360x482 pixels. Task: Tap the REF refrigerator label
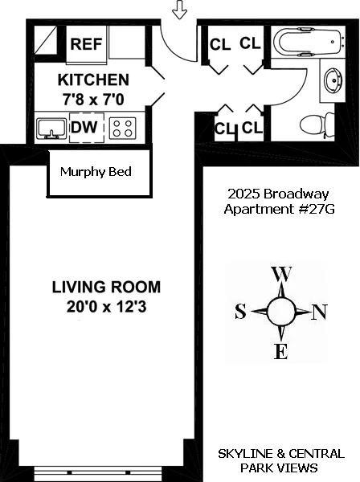[86, 43]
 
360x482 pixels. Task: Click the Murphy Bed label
[96, 172]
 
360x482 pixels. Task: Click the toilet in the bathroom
[315, 125]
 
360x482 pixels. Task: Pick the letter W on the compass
[282, 274]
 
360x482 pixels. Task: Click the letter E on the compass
[281, 351]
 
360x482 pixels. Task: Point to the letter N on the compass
[319, 312]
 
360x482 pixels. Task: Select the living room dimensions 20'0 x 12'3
[106, 305]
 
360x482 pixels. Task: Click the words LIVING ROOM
[106, 287]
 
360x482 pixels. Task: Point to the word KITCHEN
[93, 80]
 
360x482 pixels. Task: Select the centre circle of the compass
[280, 312]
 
